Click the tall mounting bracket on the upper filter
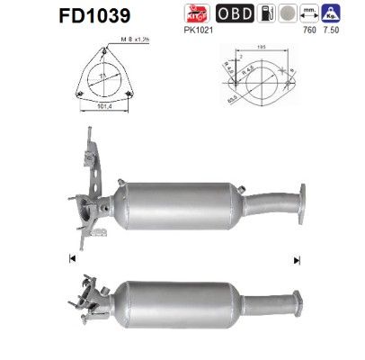coord(90,157)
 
